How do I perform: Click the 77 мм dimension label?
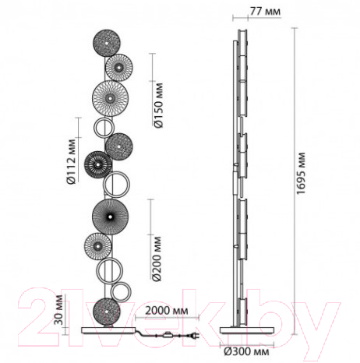(x=265, y=12)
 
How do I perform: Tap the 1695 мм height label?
(x=301, y=173)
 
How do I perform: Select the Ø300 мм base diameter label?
(x=246, y=351)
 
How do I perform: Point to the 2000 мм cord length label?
(x=167, y=311)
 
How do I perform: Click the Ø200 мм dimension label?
(x=157, y=259)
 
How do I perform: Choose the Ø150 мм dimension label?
(x=158, y=105)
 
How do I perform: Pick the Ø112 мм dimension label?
(x=71, y=162)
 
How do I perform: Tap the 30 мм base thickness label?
(x=58, y=310)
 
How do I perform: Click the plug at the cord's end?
(x=195, y=337)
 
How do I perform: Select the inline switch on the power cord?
(x=166, y=335)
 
